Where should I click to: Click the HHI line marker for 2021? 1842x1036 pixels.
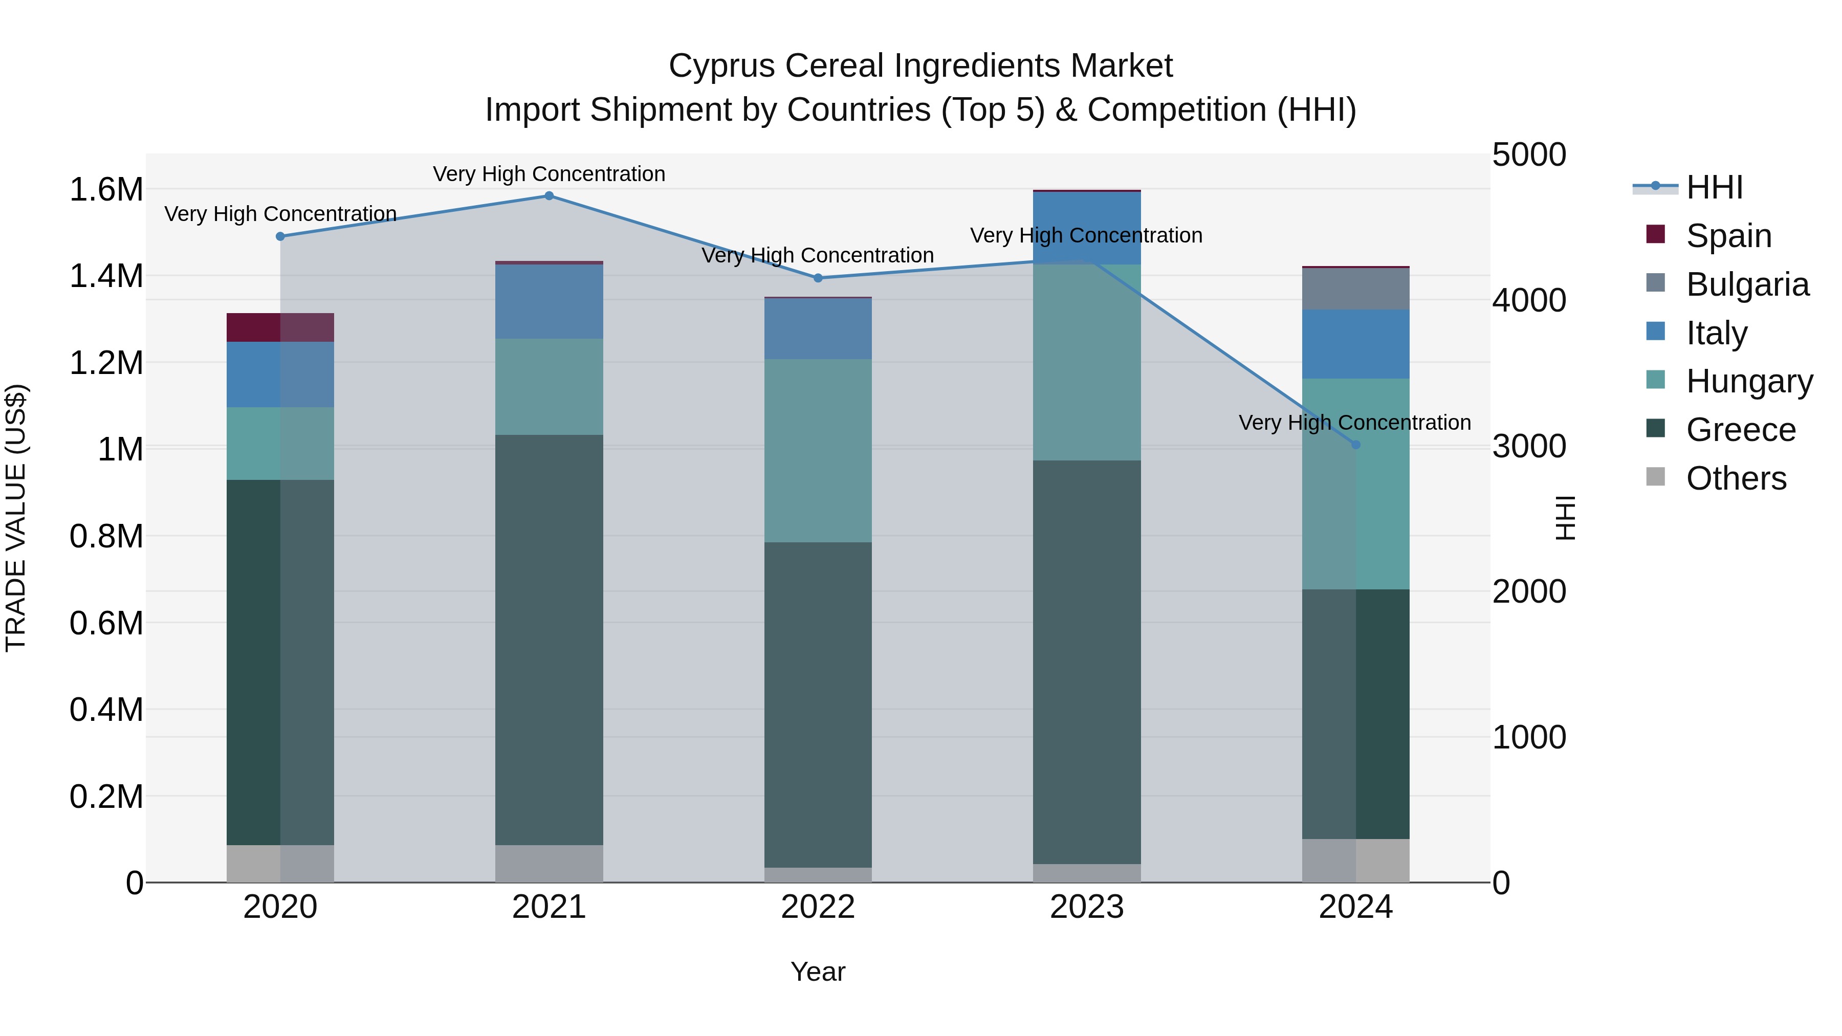pyautogui.click(x=549, y=196)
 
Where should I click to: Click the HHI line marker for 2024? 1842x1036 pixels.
pyautogui.click(x=1356, y=445)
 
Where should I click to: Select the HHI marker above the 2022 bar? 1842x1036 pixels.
pyautogui.click(x=818, y=278)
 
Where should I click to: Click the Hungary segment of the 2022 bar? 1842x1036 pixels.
pyautogui.click(x=818, y=450)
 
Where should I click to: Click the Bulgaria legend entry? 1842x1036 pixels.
pyautogui.click(x=1747, y=284)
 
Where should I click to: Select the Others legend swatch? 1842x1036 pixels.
pyautogui.click(x=1655, y=477)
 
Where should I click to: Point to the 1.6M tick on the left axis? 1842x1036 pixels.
pyautogui.click(x=106, y=190)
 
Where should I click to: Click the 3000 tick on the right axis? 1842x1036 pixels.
pyautogui.click(x=1529, y=446)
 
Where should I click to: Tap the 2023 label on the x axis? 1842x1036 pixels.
pyautogui.click(x=1086, y=907)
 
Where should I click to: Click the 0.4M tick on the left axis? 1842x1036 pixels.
pyautogui.click(x=106, y=710)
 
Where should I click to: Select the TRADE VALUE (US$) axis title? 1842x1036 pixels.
pyautogui.click(x=16, y=518)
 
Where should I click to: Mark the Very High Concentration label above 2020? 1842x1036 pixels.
pyautogui.click(x=280, y=214)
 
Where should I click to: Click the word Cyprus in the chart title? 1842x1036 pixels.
pyautogui.click(x=721, y=66)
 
